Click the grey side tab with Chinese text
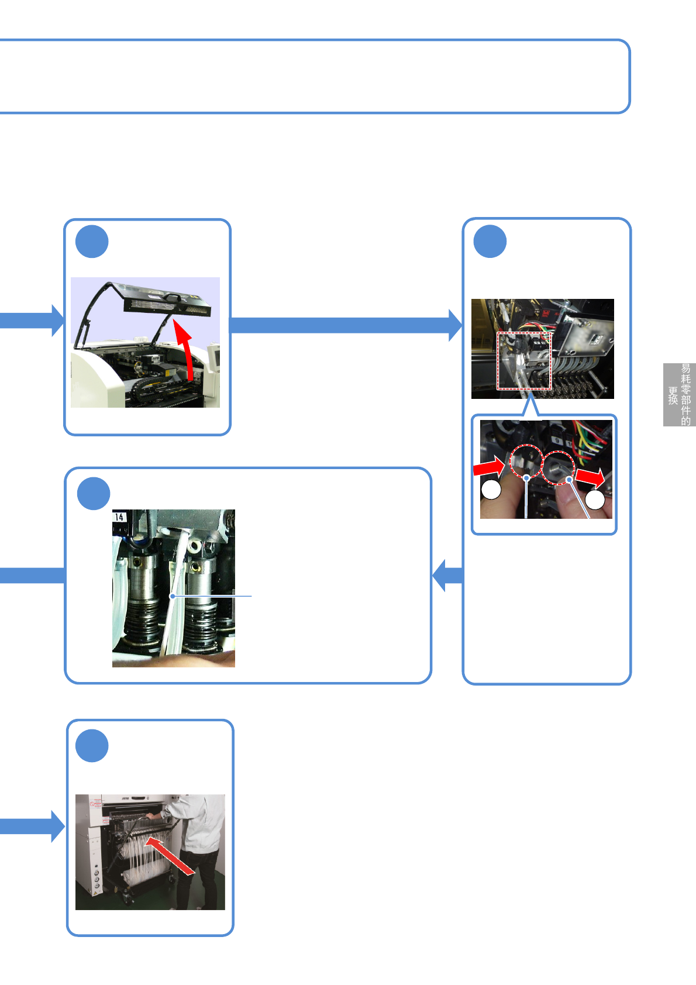(679, 395)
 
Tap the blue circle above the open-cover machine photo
(92, 242)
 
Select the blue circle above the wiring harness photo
(490, 241)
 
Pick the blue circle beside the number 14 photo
(94, 494)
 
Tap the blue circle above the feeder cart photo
(92, 746)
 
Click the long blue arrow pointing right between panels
(345, 325)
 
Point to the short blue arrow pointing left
(447, 576)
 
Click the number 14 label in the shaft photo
(119, 517)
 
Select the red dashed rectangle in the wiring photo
(524, 360)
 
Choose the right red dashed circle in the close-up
(558, 467)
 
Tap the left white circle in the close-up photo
(491, 490)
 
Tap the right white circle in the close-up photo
(595, 500)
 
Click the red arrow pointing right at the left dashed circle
(489, 467)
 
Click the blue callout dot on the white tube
(173, 596)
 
